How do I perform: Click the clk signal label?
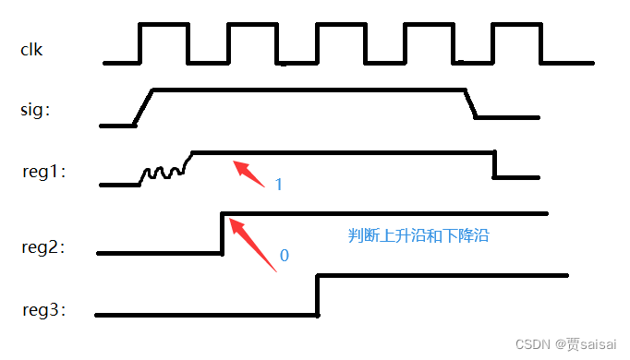(x=31, y=49)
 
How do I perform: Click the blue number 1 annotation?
(x=279, y=185)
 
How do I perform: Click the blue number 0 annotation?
(x=284, y=255)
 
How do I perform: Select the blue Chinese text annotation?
(x=418, y=235)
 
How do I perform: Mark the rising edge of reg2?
(x=223, y=233)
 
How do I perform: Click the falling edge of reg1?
(x=494, y=164)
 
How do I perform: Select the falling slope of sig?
(x=469, y=102)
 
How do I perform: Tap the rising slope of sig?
(x=143, y=106)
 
